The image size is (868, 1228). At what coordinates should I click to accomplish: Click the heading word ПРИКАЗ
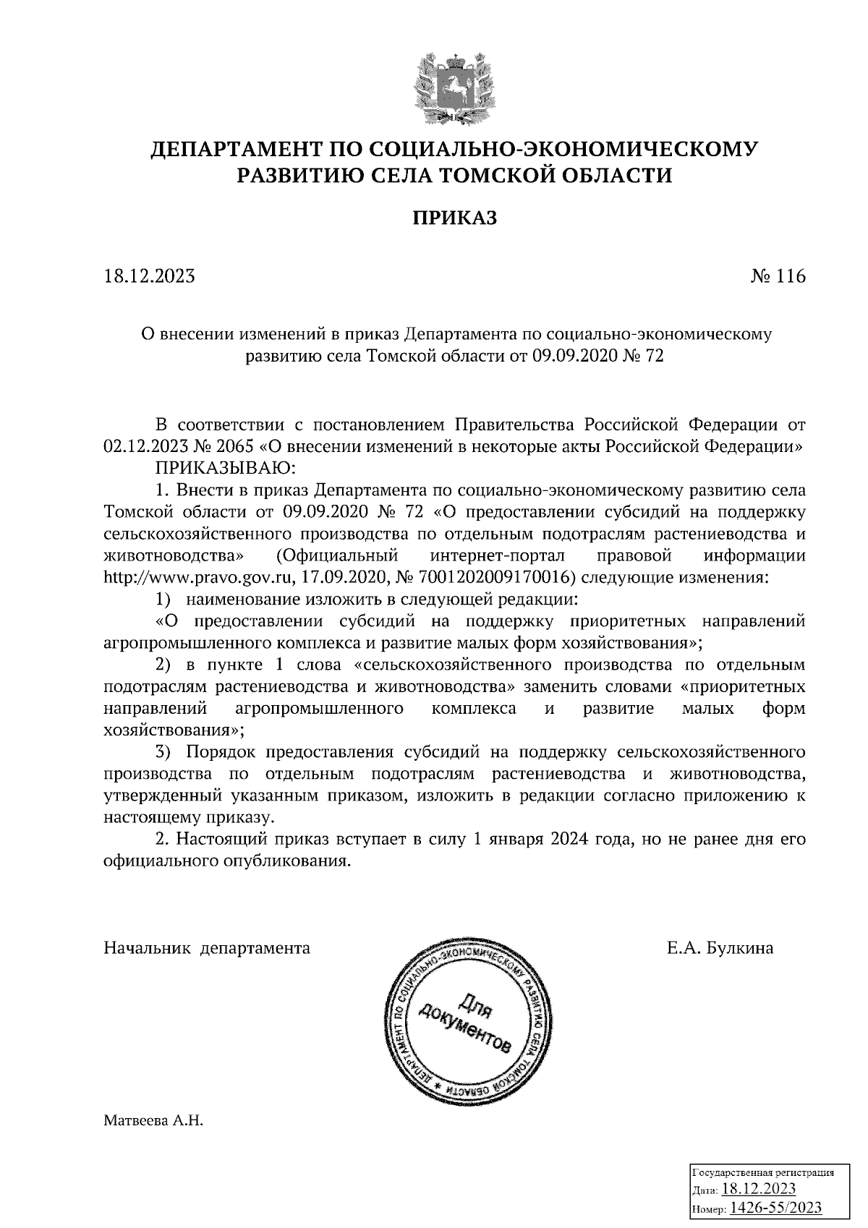coord(455,218)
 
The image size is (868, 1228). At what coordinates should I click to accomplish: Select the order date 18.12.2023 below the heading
coord(150,276)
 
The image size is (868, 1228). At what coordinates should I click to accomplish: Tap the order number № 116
coord(778,276)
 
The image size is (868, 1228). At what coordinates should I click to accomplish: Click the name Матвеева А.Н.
coord(154,1122)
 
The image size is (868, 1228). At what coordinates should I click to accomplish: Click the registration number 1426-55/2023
coord(776,1207)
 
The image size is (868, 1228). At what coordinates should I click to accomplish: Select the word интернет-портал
coord(496,556)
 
